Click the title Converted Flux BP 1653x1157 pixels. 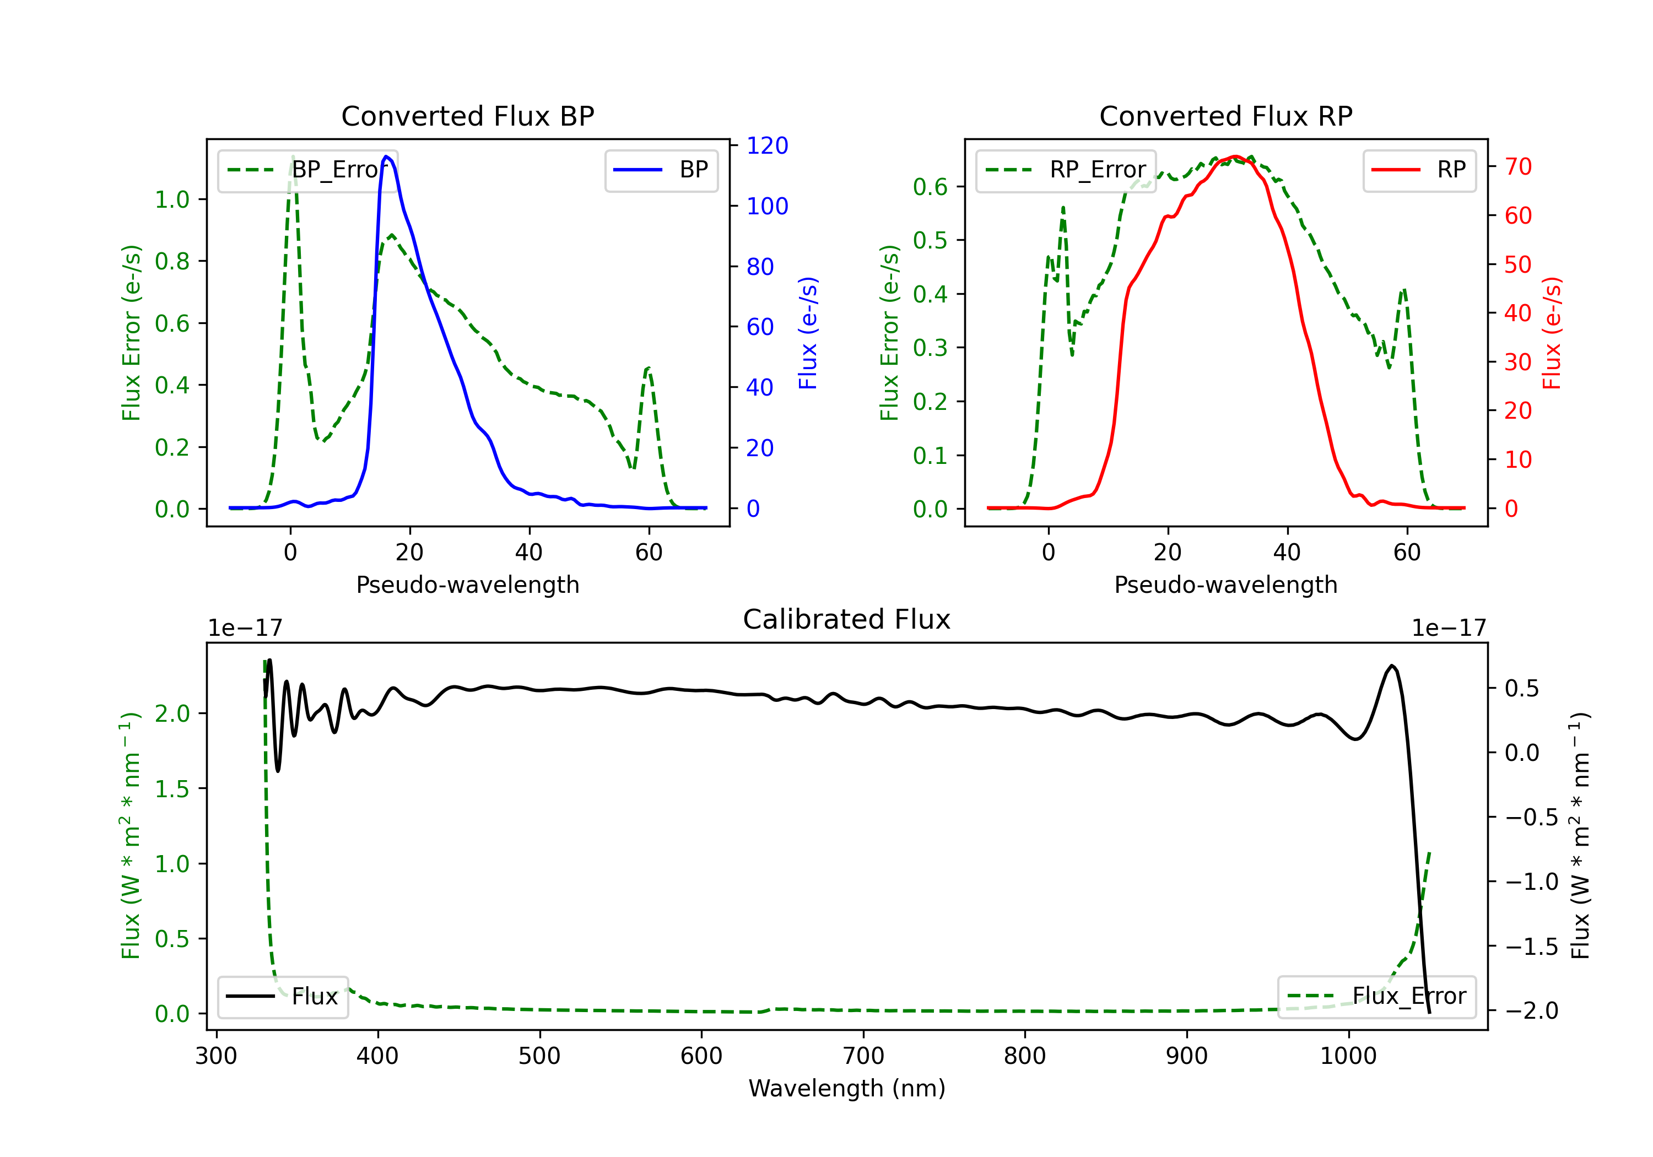[x=467, y=116]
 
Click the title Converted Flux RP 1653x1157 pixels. [x=1225, y=116]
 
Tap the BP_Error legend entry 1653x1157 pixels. [x=307, y=170]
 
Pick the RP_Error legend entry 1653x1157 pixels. [x=1066, y=170]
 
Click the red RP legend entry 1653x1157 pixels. [x=1419, y=170]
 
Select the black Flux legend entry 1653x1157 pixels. [x=283, y=997]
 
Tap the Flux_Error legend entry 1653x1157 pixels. [x=1376, y=997]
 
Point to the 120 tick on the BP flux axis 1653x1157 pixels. [x=767, y=145]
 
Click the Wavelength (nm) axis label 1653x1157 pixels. [x=847, y=1088]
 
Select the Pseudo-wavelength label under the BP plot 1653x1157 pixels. [x=467, y=585]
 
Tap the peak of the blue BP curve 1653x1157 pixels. [x=387, y=156]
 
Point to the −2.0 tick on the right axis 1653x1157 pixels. [x=1531, y=1011]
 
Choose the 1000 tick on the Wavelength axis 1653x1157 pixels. [x=1348, y=1056]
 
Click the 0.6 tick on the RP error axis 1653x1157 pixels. [x=930, y=187]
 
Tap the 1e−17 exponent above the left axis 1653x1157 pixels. [x=245, y=628]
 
